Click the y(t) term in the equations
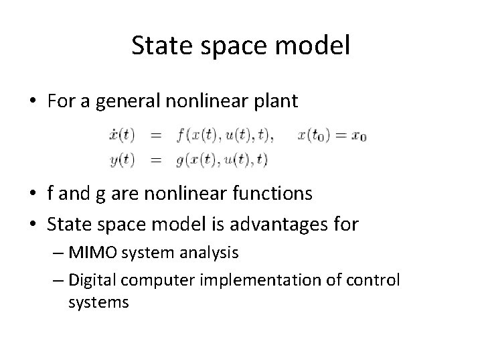point(121,160)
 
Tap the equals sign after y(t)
point(155,160)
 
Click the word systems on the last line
point(98,302)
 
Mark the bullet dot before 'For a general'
point(31,102)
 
